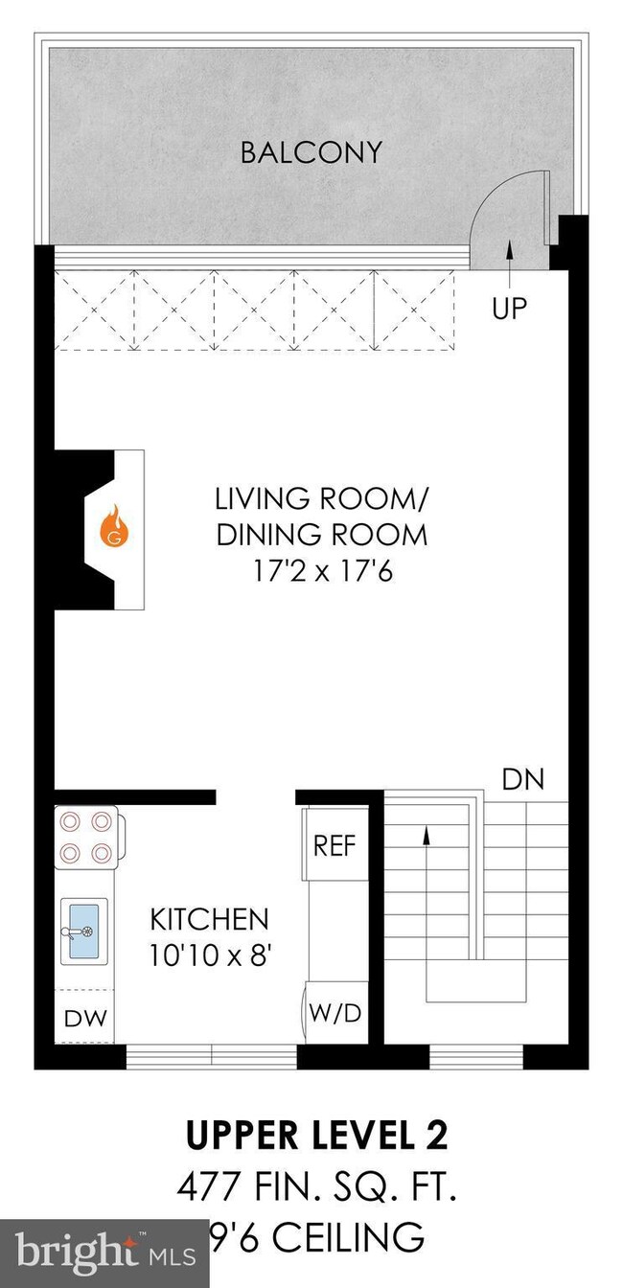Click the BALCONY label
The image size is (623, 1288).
[x=311, y=152]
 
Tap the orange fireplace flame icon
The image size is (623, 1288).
[x=115, y=527]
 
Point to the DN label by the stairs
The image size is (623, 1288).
[x=522, y=779]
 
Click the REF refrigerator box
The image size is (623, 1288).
[x=335, y=845]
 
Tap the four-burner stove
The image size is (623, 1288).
[x=87, y=837]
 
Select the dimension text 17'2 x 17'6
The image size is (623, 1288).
[x=321, y=572]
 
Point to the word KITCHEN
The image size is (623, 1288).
[x=209, y=920]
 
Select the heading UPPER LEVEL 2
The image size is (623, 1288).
[x=316, y=1137]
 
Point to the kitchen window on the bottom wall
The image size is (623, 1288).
[x=211, y=1057]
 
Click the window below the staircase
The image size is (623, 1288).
[x=476, y=1057]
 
